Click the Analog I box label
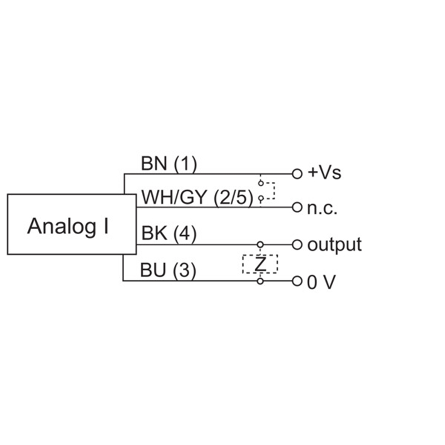pyautogui.click(x=68, y=226)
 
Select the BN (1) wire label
pyautogui.click(x=169, y=164)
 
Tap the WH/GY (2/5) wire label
pyautogui.click(x=197, y=197)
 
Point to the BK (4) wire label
pyautogui.click(x=169, y=234)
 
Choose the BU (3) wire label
pyautogui.click(x=168, y=270)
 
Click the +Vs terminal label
pyautogui.click(x=324, y=172)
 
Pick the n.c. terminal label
pyautogui.click(x=322, y=209)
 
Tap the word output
pyautogui.click(x=334, y=245)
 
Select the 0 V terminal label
pyautogui.click(x=322, y=283)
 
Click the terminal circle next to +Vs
pyautogui.click(x=297, y=174)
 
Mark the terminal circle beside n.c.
pyautogui.click(x=297, y=207)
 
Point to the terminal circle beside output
pyautogui.click(x=297, y=244)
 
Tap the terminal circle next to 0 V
pyautogui.click(x=297, y=281)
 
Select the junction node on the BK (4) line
pyautogui.click(x=260, y=244)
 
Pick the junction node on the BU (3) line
pyautogui.click(x=260, y=281)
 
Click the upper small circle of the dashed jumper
pyautogui.click(x=260, y=184)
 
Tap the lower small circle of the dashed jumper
pyautogui.click(x=260, y=199)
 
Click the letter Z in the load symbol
pyautogui.click(x=260, y=264)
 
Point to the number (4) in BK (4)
pyautogui.click(x=185, y=234)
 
